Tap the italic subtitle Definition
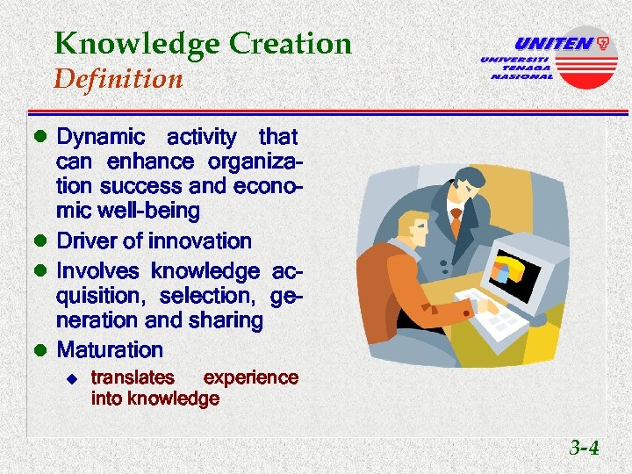pos(118,80)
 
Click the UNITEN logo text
pos(553,43)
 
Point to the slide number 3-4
pos(584,449)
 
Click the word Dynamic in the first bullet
pos(100,137)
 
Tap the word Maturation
pos(110,350)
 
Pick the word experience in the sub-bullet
pos(250,378)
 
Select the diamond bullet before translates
pos(74,379)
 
